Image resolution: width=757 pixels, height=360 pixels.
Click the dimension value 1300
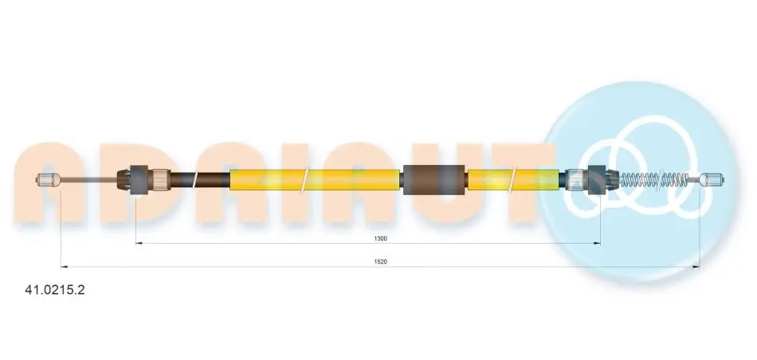pos(380,238)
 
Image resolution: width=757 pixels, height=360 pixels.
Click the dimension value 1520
pos(380,261)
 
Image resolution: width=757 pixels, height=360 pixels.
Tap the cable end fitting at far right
pos(712,180)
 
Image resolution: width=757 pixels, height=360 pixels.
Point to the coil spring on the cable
pos(653,180)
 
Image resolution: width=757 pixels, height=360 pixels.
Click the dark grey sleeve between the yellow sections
pos(433,179)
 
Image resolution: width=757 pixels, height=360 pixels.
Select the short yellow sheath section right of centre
pos(514,179)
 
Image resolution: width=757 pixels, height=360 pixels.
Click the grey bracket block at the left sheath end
pos(139,180)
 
